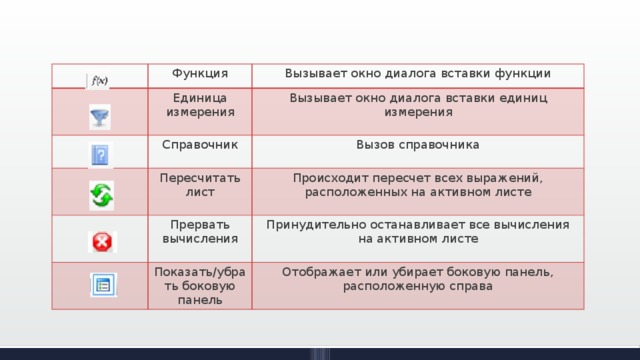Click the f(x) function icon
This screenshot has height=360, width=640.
pyautogui.click(x=100, y=80)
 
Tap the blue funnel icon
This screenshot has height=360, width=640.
pyautogui.click(x=100, y=117)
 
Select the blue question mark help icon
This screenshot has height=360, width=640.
pyautogui.click(x=100, y=155)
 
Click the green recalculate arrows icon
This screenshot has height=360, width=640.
pyautogui.click(x=101, y=195)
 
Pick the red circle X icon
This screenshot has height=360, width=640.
pyautogui.click(x=101, y=241)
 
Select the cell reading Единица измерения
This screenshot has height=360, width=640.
pyautogui.click(x=198, y=104)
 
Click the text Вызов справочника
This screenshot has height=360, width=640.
pyautogui.click(x=417, y=145)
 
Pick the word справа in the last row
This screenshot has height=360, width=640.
pyautogui.click(x=469, y=286)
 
